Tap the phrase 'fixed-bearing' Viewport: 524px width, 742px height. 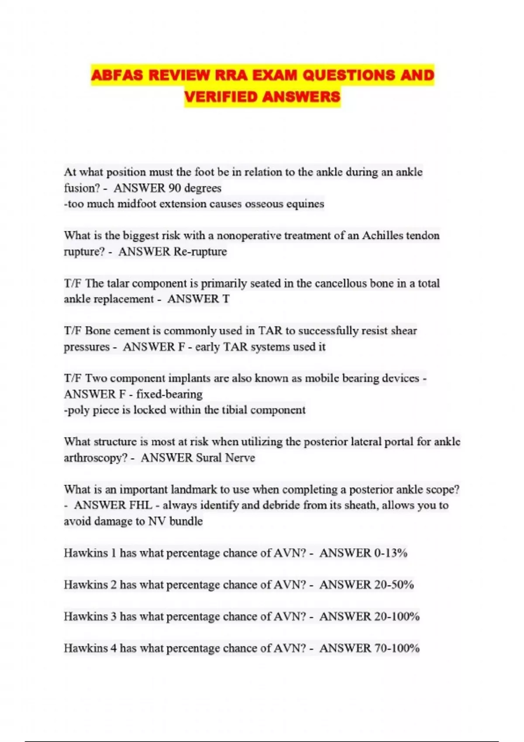(x=169, y=394)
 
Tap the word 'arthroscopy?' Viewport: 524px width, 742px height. (x=96, y=458)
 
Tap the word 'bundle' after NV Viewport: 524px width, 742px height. (x=186, y=521)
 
